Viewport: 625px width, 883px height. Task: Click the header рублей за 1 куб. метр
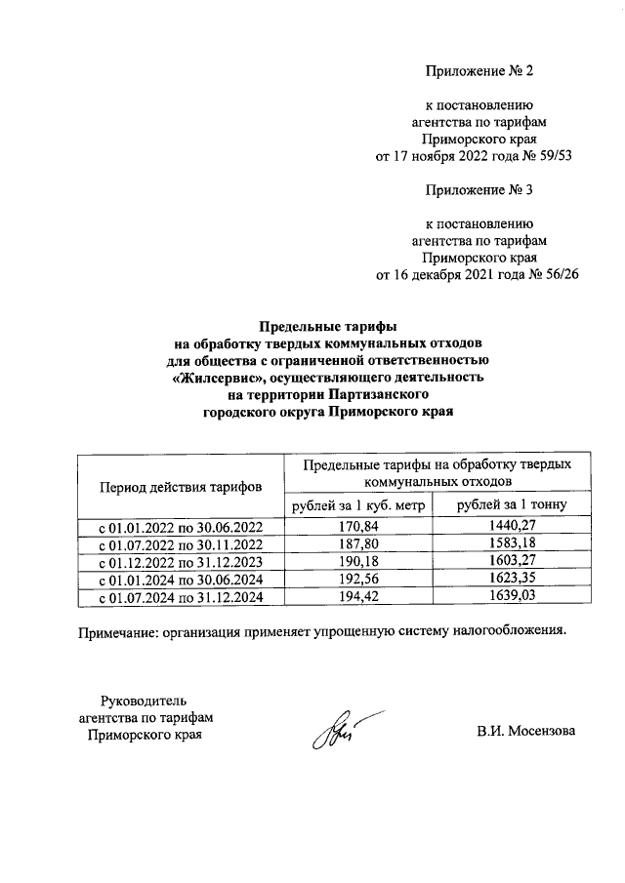coord(358,504)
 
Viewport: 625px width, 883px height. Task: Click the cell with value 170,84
coord(358,527)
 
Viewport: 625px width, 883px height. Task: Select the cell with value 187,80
coord(358,544)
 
